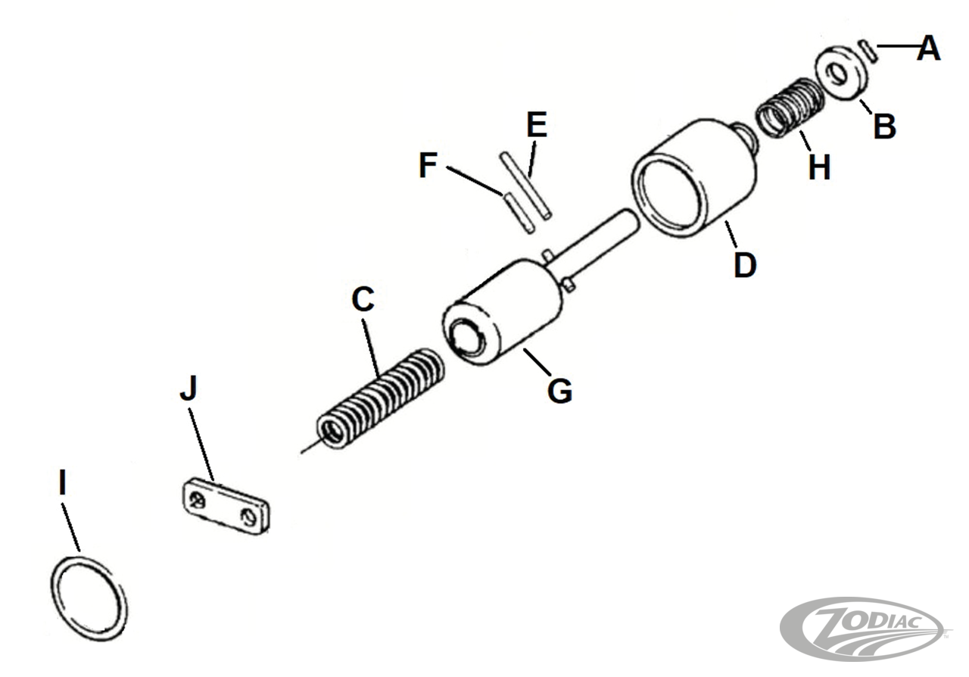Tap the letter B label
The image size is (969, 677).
click(x=884, y=126)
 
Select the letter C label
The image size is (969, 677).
click(x=363, y=298)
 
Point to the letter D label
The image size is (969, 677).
click(x=745, y=265)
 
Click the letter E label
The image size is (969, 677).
click(x=537, y=125)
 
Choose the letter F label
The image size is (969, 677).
click(x=428, y=165)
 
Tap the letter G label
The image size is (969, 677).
click(x=559, y=392)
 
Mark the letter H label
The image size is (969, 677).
click(x=819, y=167)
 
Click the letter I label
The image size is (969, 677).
click(x=62, y=482)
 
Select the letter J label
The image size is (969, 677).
click(x=189, y=388)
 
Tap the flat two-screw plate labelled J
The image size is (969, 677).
click(x=225, y=507)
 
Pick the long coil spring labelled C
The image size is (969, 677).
click(x=381, y=398)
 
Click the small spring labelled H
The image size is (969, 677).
click(x=789, y=108)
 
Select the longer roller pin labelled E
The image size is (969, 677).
click(x=525, y=186)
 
